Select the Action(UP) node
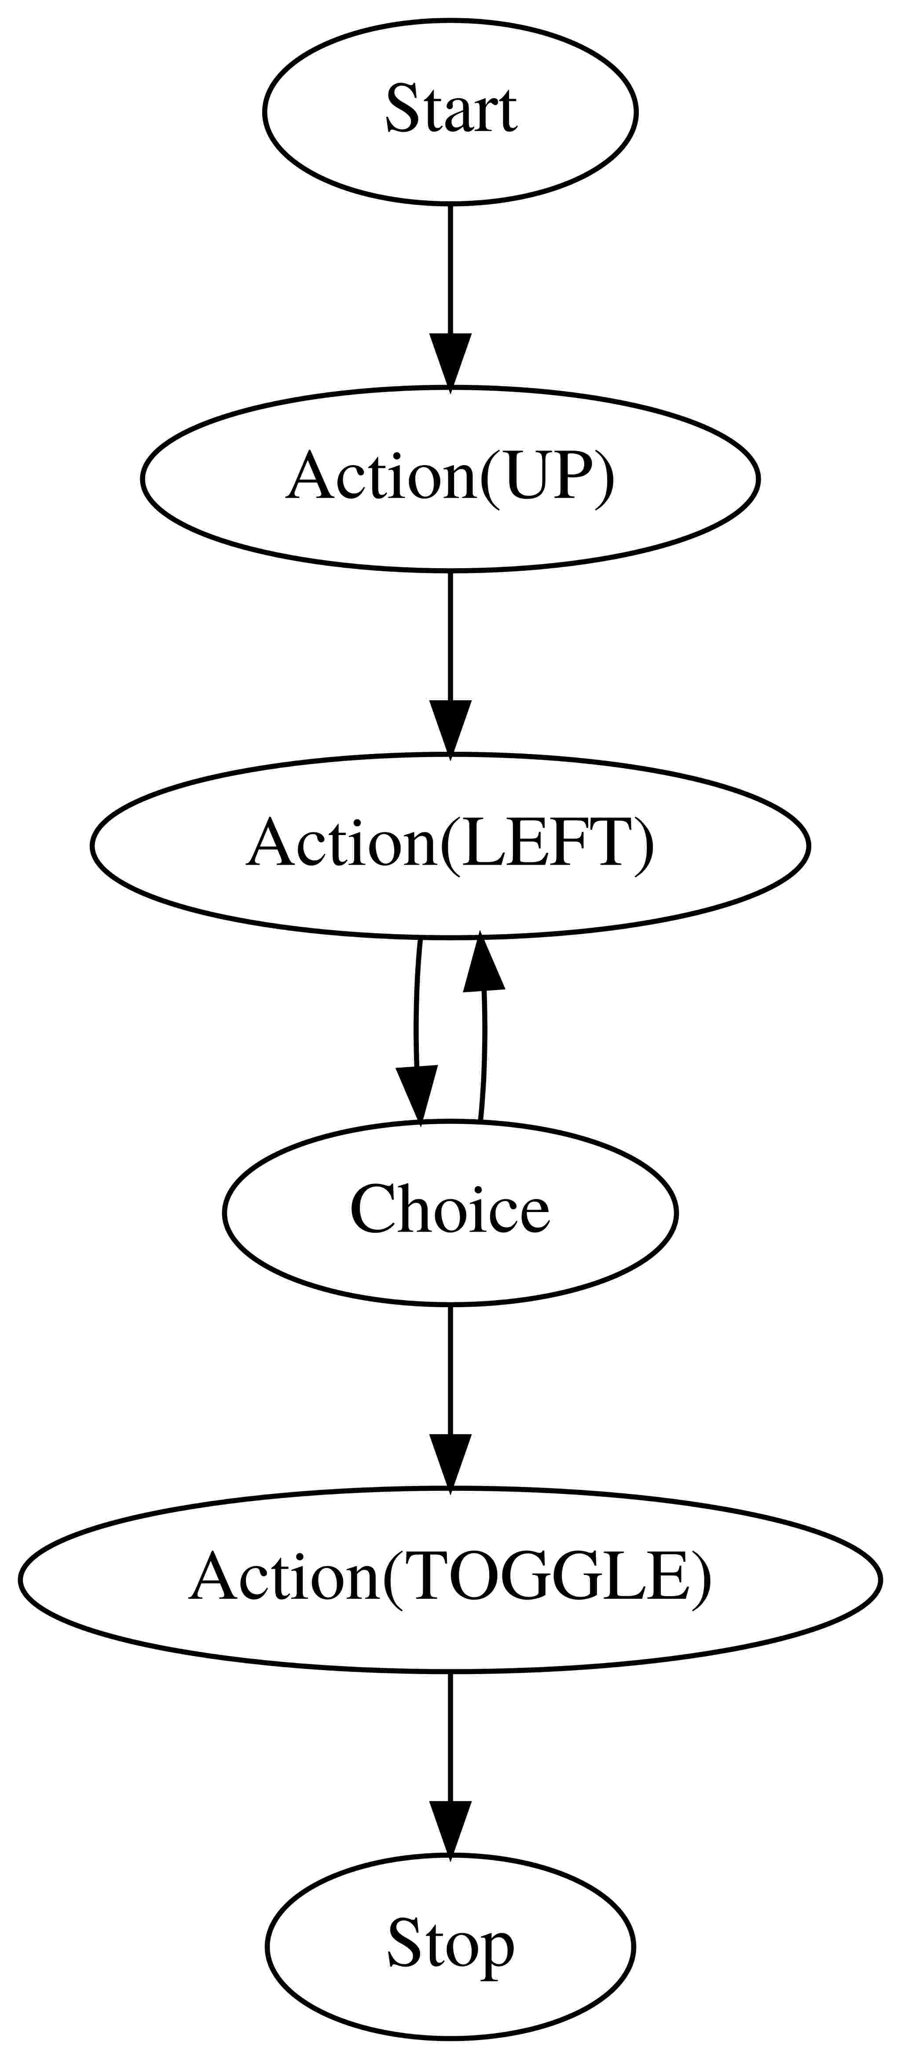pyautogui.click(x=450, y=478)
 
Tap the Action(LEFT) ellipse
pyautogui.click(x=450, y=845)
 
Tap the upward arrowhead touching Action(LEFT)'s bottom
pyautogui.click(x=482, y=963)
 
